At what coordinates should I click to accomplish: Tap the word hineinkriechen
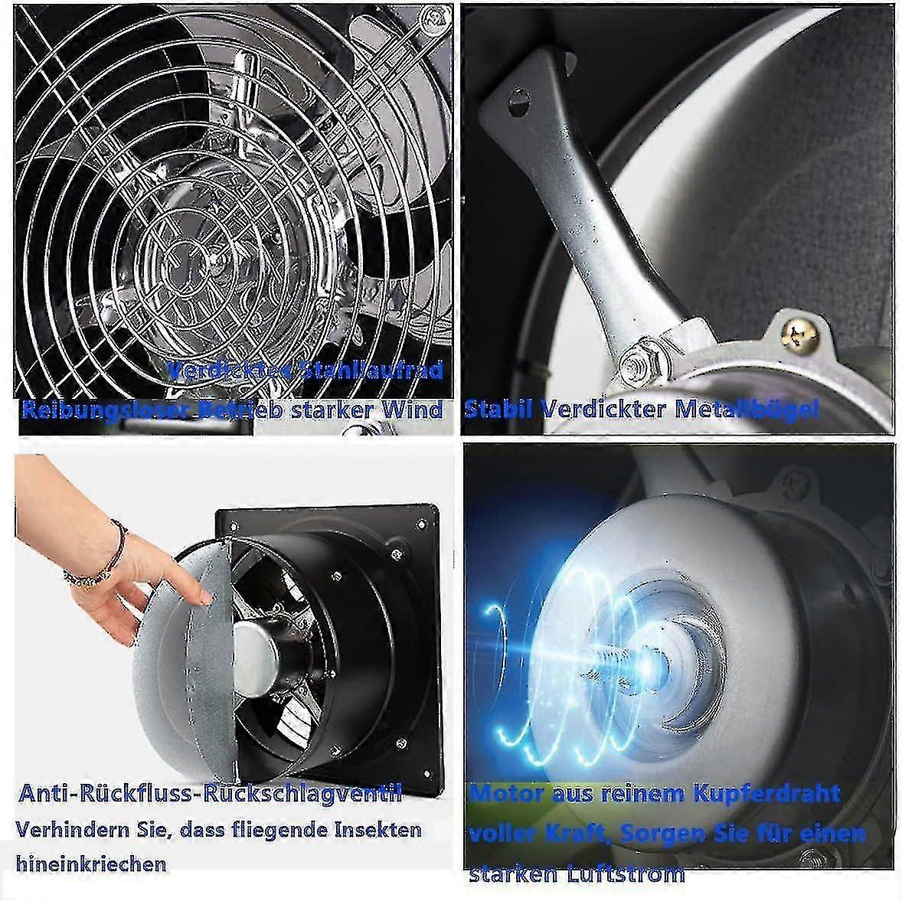tap(91, 864)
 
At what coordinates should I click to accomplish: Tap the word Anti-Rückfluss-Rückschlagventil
tap(209, 794)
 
